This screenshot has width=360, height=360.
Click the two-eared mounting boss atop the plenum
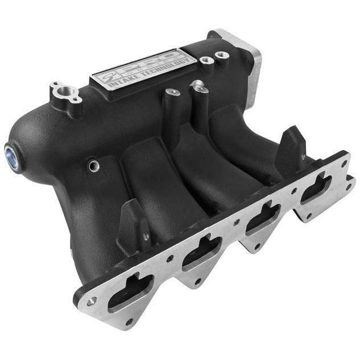click(x=66, y=92)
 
